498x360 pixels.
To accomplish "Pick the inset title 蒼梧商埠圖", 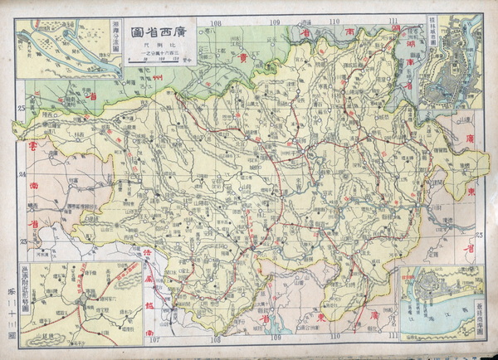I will [478, 316].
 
